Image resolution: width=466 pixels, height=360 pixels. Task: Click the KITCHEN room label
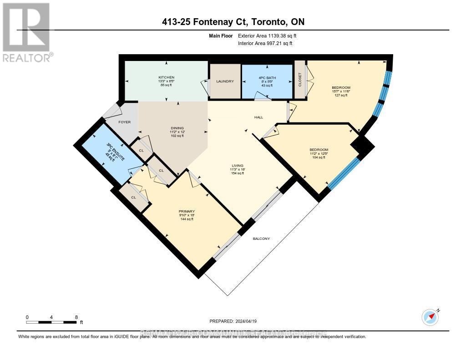(166, 77)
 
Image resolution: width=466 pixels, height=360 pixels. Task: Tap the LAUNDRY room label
(225, 81)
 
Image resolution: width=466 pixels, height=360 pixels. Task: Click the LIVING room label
(237, 165)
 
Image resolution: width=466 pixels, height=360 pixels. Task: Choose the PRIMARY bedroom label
(187, 211)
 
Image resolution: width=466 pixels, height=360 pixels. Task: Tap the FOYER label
(125, 122)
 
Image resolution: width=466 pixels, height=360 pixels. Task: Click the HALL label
(258, 117)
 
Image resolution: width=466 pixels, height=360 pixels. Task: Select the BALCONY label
(262, 238)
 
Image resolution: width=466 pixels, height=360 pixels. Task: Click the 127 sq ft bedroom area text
(341, 96)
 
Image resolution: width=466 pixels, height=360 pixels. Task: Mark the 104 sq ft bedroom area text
(319, 157)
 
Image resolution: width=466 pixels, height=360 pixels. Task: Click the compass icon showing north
(430, 317)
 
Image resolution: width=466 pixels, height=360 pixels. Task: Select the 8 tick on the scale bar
(76, 317)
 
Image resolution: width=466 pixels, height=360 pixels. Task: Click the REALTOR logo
(26, 32)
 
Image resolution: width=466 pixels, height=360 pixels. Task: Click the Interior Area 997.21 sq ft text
(265, 43)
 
